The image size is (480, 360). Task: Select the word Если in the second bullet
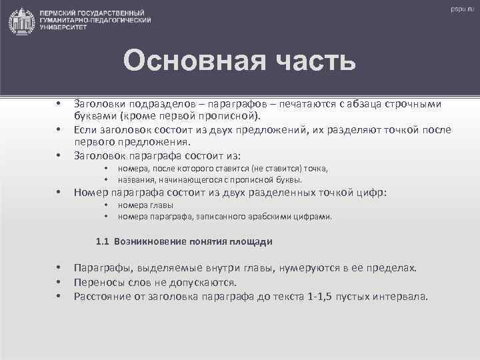pyautogui.click(x=85, y=129)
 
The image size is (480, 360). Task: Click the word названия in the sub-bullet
pyautogui.click(x=136, y=180)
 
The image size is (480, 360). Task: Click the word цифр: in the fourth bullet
pyautogui.click(x=372, y=193)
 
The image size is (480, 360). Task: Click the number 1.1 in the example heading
pyautogui.click(x=103, y=241)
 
